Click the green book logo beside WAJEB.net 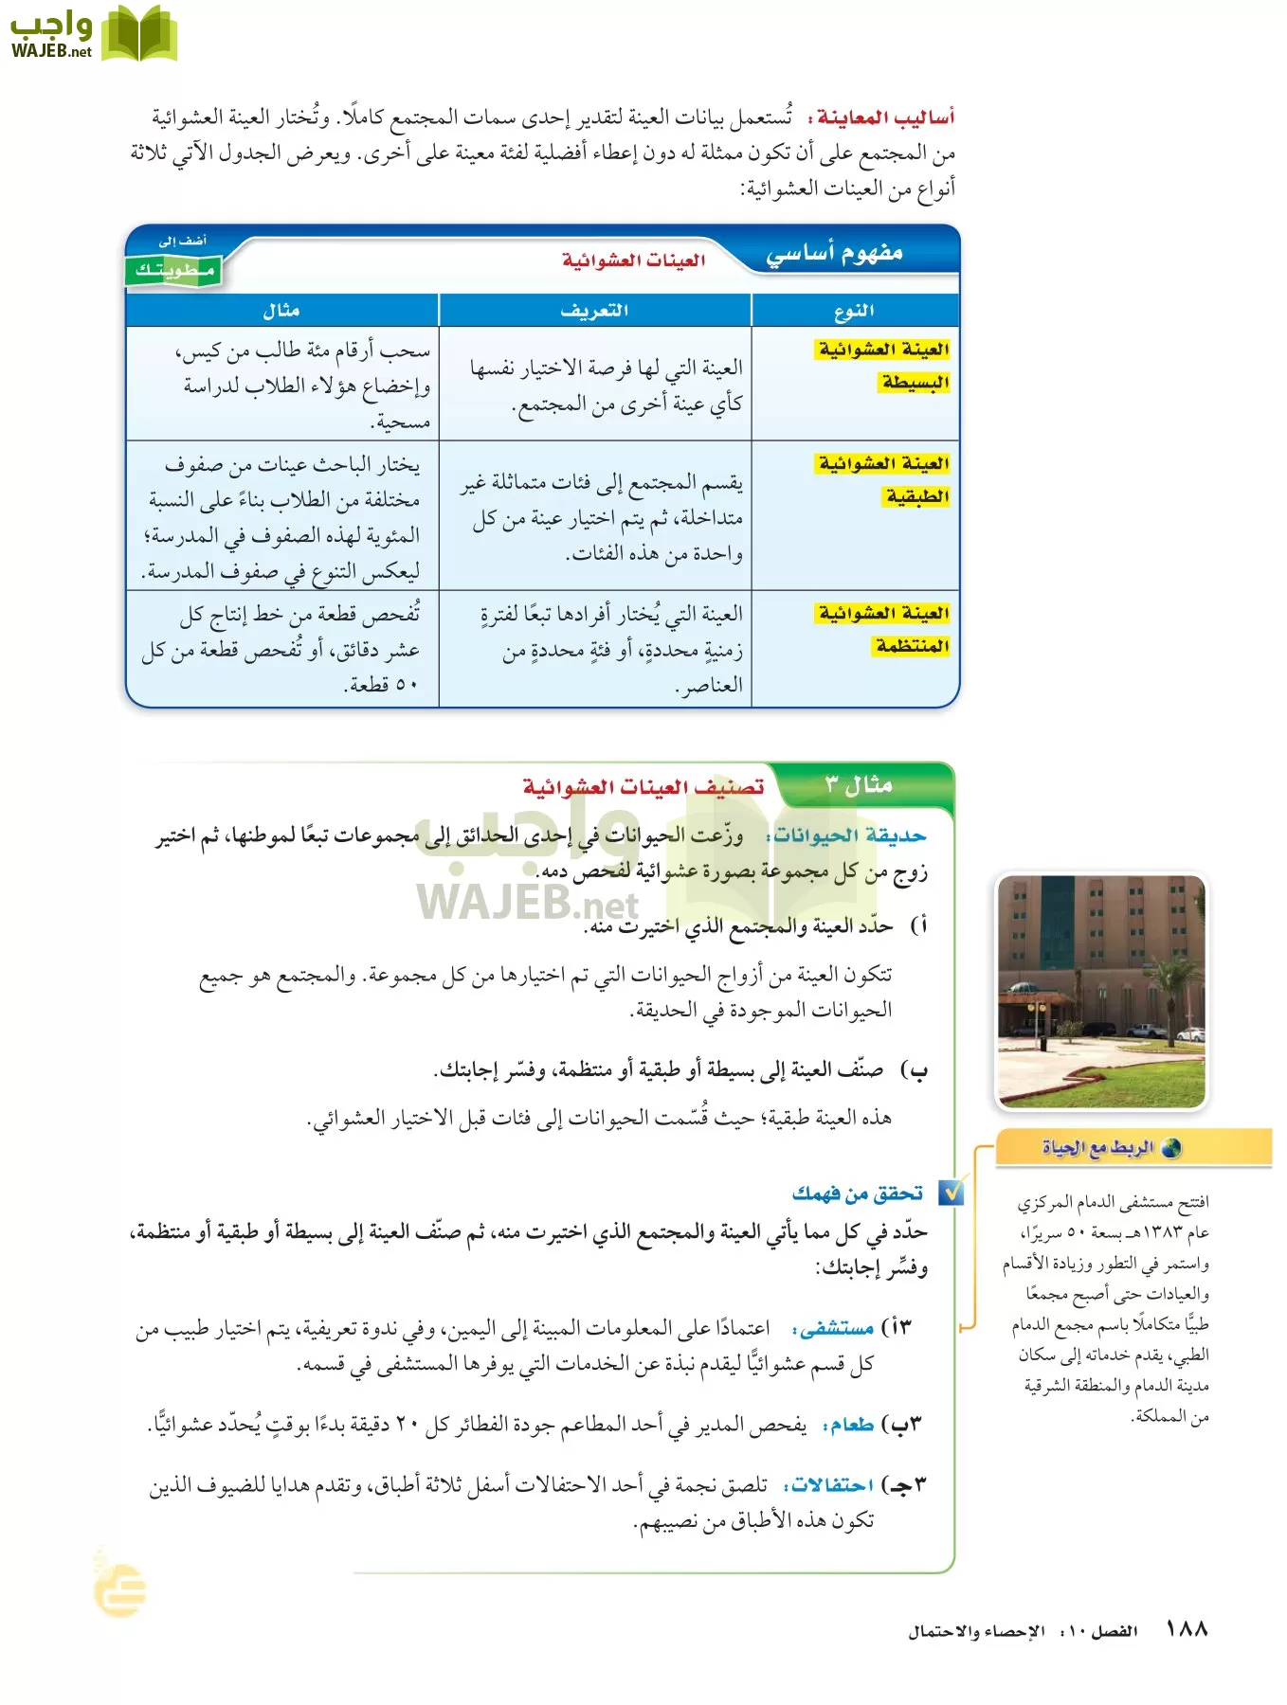click(x=138, y=34)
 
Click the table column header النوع click(x=854, y=311)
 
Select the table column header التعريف click(x=594, y=311)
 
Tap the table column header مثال click(x=281, y=311)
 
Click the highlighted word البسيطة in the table click(x=915, y=383)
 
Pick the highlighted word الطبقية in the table click(x=916, y=496)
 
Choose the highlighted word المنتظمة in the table click(x=912, y=646)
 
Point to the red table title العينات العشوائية click(x=633, y=260)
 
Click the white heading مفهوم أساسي click(x=834, y=254)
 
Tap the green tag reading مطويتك click(x=174, y=271)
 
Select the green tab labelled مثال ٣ click(x=858, y=785)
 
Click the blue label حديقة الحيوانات click(x=849, y=836)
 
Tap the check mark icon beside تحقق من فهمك click(x=951, y=1193)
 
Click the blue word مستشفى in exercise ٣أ click(x=836, y=1329)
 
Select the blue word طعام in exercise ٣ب click(x=851, y=1425)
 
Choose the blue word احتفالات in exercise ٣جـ click(x=832, y=1485)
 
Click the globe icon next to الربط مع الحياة click(x=1171, y=1148)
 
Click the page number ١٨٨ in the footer click(x=1187, y=1629)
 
